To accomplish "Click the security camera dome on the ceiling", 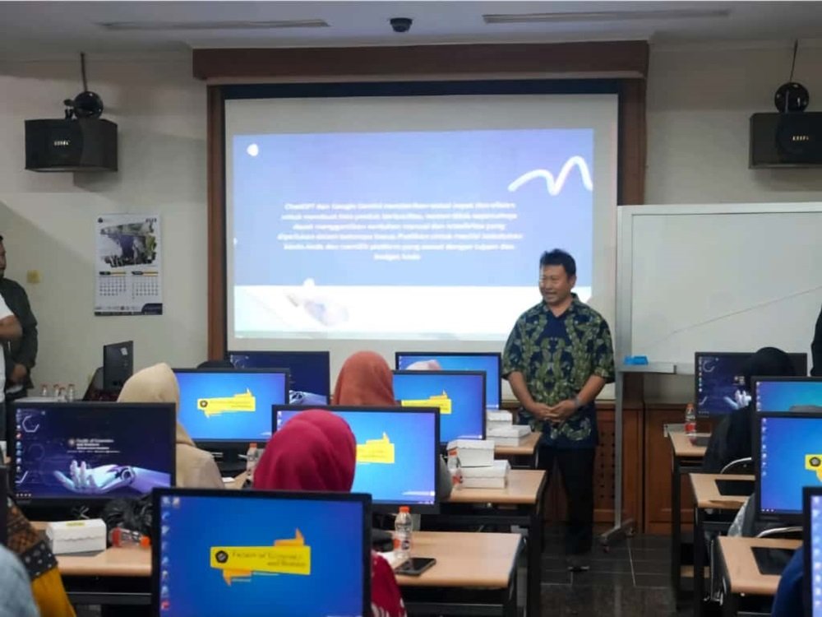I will [401, 25].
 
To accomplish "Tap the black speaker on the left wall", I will [71, 144].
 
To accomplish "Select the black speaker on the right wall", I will [785, 139].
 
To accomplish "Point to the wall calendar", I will [128, 264].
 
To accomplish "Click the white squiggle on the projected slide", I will [551, 174].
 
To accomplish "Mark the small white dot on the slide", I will [252, 150].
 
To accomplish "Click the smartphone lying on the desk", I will [414, 565].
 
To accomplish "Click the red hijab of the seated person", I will [305, 452].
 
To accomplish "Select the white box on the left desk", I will [76, 536].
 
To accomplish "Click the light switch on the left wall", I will [33, 276].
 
